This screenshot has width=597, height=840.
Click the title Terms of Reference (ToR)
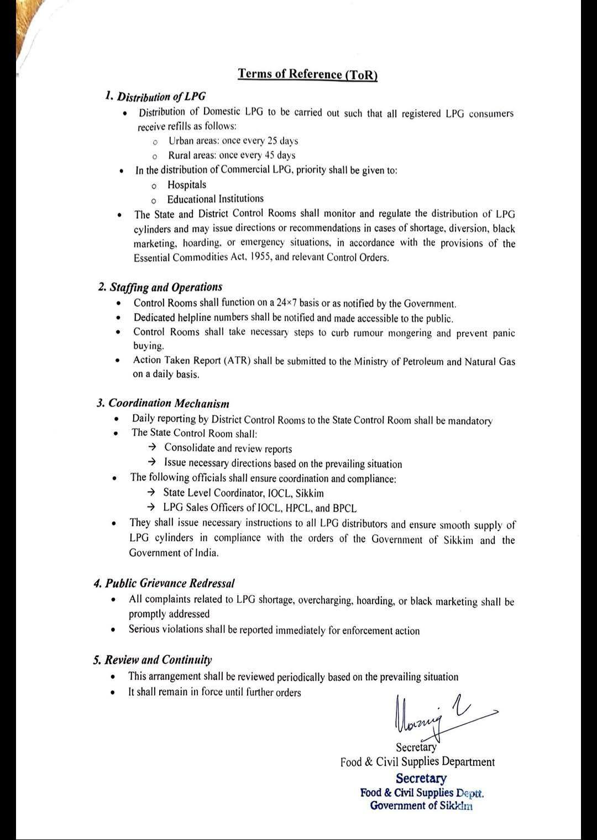pyautogui.click(x=307, y=74)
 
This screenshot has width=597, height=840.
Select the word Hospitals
pyautogui.click(x=187, y=185)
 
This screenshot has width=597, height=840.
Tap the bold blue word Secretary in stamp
pyautogui.click(x=421, y=779)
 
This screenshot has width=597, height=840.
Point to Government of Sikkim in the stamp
pyautogui.click(x=421, y=806)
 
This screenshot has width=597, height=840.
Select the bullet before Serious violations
pyautogui.click(x=113, y=629)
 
